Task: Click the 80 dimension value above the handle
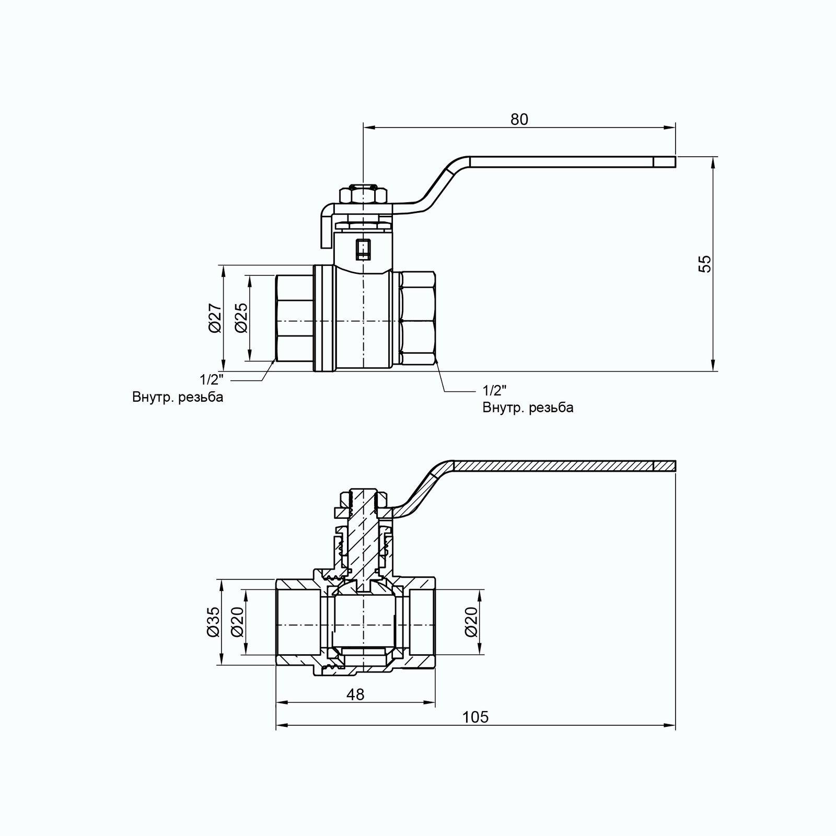tap(519, 120)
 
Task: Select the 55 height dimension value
tap(705, 264)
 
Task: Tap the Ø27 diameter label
tap(215, 318)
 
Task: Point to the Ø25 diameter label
tap(241, 318)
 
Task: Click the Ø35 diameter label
tap(213, 622)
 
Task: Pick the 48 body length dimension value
tap(355, 694)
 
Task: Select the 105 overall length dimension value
tap(475, 717)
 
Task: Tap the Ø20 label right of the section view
tap(472, 622)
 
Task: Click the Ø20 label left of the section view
tap(238, 622)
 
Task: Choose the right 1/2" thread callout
tap(495, 390)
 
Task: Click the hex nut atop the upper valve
tap(363, 196)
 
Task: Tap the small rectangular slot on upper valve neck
tap(363, 249)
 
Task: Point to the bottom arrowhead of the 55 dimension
tap(713, 365)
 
